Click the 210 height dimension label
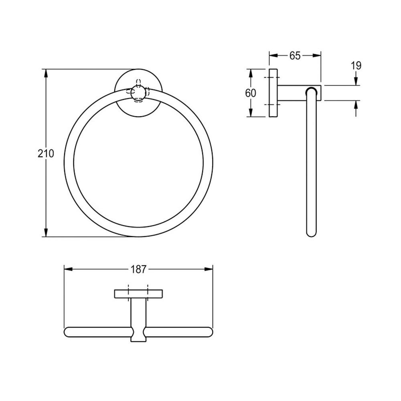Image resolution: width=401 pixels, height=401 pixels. tap(46, 154)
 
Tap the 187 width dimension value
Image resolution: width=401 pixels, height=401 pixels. tap(138, 269)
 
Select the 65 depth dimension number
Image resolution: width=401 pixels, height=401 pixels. tap(295, 55)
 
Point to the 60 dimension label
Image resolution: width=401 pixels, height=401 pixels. tap(251, 93)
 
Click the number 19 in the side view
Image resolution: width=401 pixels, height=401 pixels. tap(356, 66)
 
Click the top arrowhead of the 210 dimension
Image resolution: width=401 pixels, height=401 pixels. tap(46, 73)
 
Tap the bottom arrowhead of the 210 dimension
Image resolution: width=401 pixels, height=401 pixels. tap(46, 232)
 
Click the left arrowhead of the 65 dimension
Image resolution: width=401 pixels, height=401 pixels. tap(273, 55)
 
